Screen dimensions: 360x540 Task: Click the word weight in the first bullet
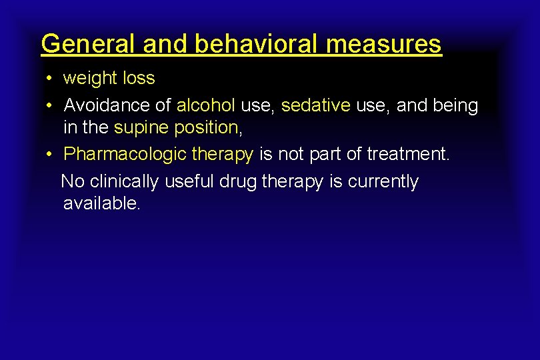tap(90, 78)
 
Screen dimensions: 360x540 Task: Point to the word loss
tap(139, 78)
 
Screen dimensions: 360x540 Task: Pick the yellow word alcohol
tap(205, 105)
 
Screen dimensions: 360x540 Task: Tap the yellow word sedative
tap(316, 105)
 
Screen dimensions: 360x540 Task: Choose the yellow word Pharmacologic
tap(125, 154)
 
